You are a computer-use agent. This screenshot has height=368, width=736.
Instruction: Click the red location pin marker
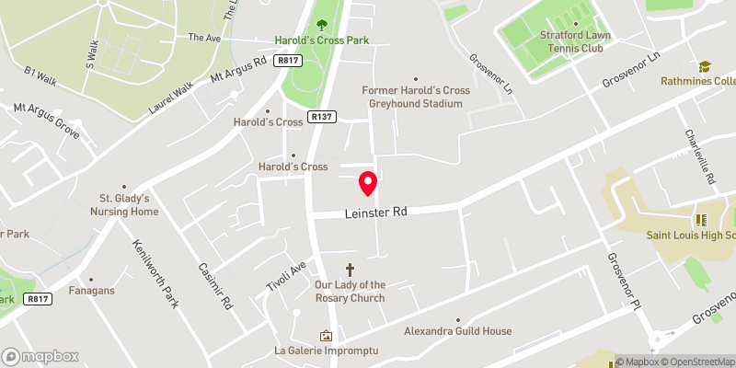pyautogui.click(x=368, y=183)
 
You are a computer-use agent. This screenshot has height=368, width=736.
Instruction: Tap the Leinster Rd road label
pyautogui.click(x=375, y=212)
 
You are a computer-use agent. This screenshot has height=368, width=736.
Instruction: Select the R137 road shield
pyautogui.click(x=321, y=117)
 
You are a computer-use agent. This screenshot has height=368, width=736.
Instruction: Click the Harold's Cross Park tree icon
pyautogui.click(x=321, y=25)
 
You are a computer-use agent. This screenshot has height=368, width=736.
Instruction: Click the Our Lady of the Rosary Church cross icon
pyautogui.click(x=350, y=270)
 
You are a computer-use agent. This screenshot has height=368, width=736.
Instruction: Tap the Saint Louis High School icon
pyautogui.click(x=698, y=219)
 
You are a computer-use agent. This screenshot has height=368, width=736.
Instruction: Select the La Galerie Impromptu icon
pyautogui.click(x=324, y=336)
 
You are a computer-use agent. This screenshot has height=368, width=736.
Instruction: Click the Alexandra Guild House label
pyautogui.click(x=457, y=331)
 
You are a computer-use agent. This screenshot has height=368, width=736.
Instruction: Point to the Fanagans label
pyautogui.click(x=90, y=291)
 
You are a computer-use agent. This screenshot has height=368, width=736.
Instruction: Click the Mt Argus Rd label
pyautogui.click(x=238, y=69)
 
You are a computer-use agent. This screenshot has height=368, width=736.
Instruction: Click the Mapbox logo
pyautogui.click(x=40, y=356)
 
